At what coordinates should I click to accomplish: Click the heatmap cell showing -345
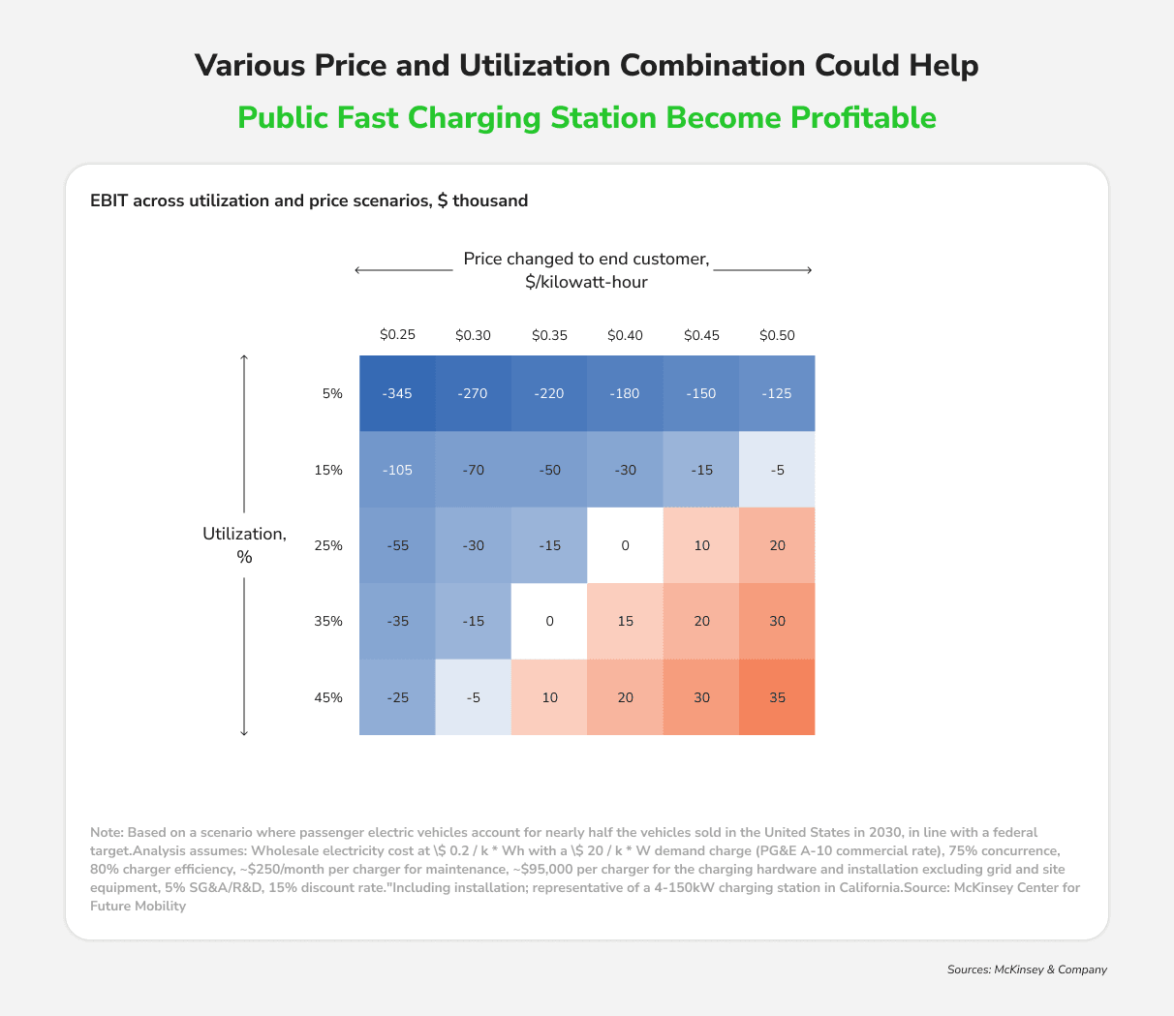397,393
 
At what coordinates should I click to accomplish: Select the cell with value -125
777,393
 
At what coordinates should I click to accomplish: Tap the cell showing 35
777,697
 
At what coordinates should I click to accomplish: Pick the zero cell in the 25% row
625,545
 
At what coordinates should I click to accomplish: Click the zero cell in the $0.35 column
549,621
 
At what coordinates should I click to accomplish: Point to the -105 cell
397,470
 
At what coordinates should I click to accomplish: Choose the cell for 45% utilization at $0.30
473,697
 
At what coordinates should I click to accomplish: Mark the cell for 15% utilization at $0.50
777,470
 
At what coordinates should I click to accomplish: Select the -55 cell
397,545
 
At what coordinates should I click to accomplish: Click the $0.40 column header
625,335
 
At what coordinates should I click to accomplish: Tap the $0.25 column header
397,335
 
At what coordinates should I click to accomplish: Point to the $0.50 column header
777,335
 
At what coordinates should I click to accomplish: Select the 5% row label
332,393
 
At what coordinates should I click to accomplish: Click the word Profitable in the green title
863,117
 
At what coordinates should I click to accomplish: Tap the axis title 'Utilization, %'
244,545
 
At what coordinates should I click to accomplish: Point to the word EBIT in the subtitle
109,201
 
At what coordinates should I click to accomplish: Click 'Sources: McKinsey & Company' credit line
1027,969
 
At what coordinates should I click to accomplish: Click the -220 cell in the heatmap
549,393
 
